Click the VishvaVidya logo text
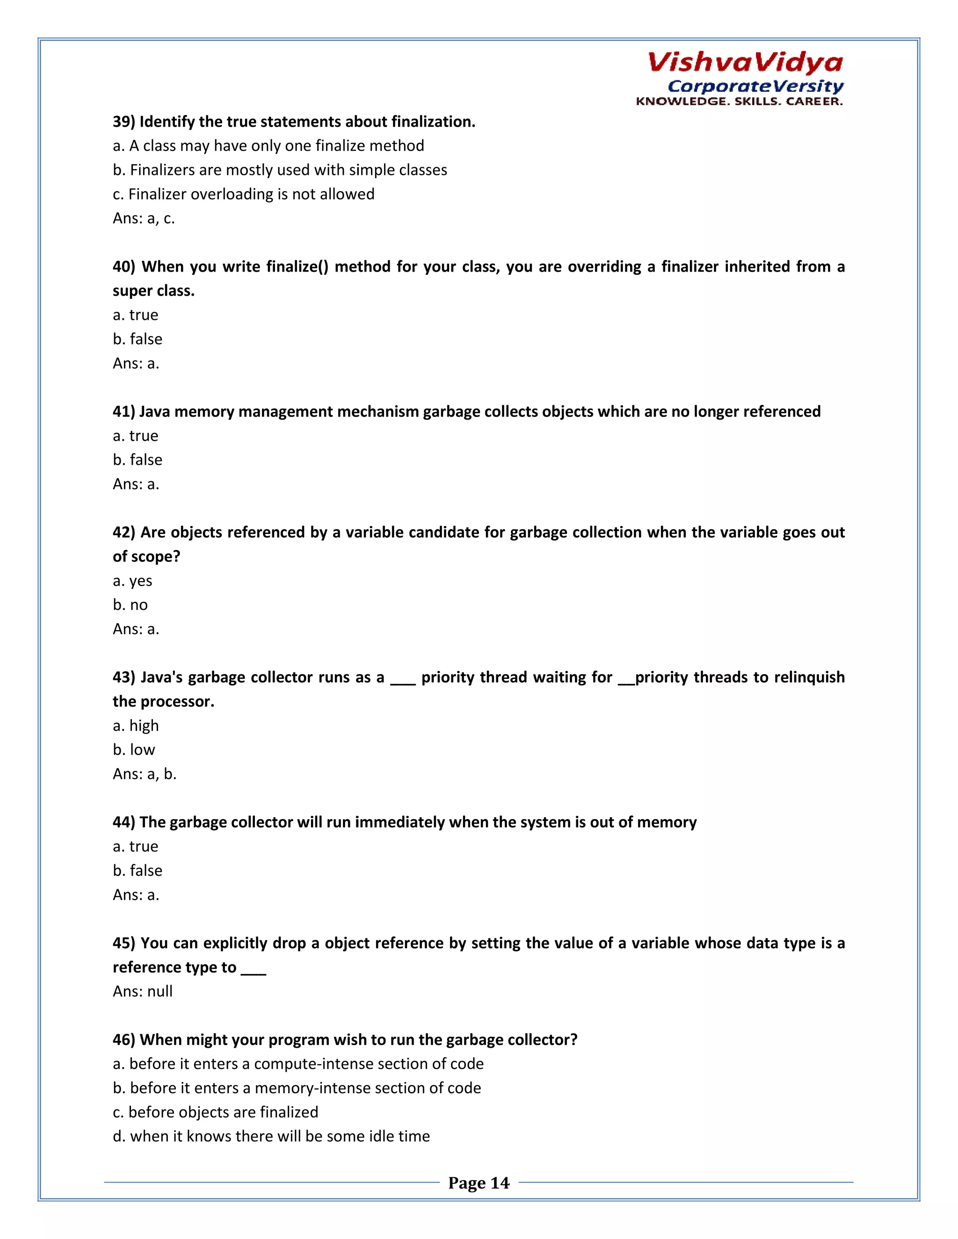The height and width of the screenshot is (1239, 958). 745,62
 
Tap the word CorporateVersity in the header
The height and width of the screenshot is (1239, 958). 755,86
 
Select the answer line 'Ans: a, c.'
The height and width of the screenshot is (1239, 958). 144,218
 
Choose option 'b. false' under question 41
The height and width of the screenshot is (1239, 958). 138,460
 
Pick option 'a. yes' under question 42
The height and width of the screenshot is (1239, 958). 132,581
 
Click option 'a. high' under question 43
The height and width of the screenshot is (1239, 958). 136,726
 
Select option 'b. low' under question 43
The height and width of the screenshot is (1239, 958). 134,750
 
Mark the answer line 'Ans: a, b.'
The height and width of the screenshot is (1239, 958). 145,774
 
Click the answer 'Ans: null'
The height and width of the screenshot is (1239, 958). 143,992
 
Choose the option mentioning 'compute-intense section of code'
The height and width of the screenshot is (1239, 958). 298,1064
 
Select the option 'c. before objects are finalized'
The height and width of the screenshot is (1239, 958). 216,1112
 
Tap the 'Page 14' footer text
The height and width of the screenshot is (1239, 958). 479,1183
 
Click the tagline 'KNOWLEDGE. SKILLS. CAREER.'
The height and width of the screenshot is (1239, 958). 739,101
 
